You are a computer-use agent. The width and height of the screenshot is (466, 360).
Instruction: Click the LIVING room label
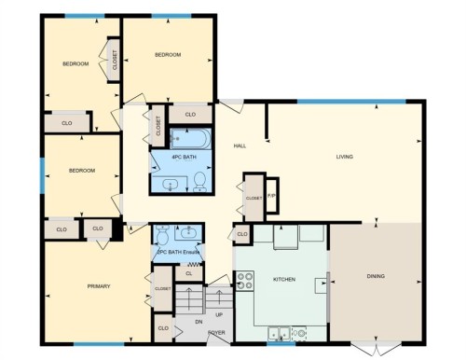tap(344, 157)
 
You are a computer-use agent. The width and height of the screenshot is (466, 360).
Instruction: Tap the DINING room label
tap(376, 276)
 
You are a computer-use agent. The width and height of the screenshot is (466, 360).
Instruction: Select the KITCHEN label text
tap(283, 279)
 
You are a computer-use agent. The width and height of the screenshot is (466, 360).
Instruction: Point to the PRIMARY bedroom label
tap(99, 285)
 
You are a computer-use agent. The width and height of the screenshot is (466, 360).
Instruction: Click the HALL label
tap(240, 146)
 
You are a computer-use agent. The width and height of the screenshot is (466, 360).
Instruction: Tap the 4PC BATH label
tap(183, 157)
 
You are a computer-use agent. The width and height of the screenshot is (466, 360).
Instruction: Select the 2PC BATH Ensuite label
tap(176, 252)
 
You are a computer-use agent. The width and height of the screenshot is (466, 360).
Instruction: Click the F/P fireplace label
tap(271, 195)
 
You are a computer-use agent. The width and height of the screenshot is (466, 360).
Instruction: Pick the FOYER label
tap(216, 332)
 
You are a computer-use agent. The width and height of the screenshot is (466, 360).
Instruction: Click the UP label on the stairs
tap(219, 313)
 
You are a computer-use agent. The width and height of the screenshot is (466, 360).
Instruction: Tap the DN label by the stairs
tap(198, 322)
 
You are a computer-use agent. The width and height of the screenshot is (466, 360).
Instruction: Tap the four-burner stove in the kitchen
tap(246, 279)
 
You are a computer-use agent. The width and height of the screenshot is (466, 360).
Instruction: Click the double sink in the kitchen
tap(280, 331)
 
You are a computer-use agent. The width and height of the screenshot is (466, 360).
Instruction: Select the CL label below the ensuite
tap(189, 273)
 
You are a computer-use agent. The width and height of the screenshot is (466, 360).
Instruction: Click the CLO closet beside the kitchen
tap(241, 234)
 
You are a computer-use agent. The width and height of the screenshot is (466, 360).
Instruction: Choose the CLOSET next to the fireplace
tap(254, 197)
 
